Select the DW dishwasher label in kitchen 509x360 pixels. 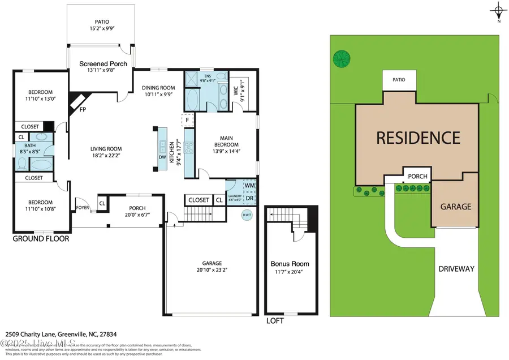pyautogui.click(x=162, y=157)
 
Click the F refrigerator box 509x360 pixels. pyautogui.click(x=187, y=120)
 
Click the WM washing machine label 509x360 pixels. pyautogui.click(x=249, y=185)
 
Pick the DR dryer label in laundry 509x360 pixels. pyautogui.click(x=249, y=198)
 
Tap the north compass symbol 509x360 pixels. pyautogui.click(x=498, y=11)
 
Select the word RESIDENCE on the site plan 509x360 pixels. pyautogui.click(x=418, y=138)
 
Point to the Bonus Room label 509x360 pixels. pyautogui.click(x=290, y=264)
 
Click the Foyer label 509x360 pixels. pyautogui.click(x=83, y=207)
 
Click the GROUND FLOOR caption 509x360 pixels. pyautogui.click(x=41, y=239)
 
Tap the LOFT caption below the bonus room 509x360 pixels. pyautogui.click(x=275, y=320)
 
